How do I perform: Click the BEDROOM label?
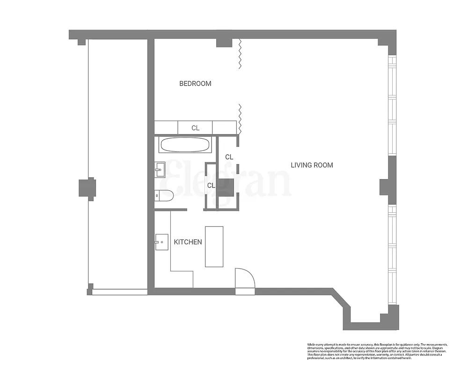195,83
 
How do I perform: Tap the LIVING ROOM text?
312,165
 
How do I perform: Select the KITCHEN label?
188,242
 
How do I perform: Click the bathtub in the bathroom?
185,144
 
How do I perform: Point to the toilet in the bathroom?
165,195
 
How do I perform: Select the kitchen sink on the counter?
161,242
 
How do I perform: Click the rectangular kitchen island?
214,247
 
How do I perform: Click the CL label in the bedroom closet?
195,127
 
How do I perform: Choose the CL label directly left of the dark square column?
211,185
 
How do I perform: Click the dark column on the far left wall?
87,188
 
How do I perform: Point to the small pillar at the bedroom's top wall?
224,42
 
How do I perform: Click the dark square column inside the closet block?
226,187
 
